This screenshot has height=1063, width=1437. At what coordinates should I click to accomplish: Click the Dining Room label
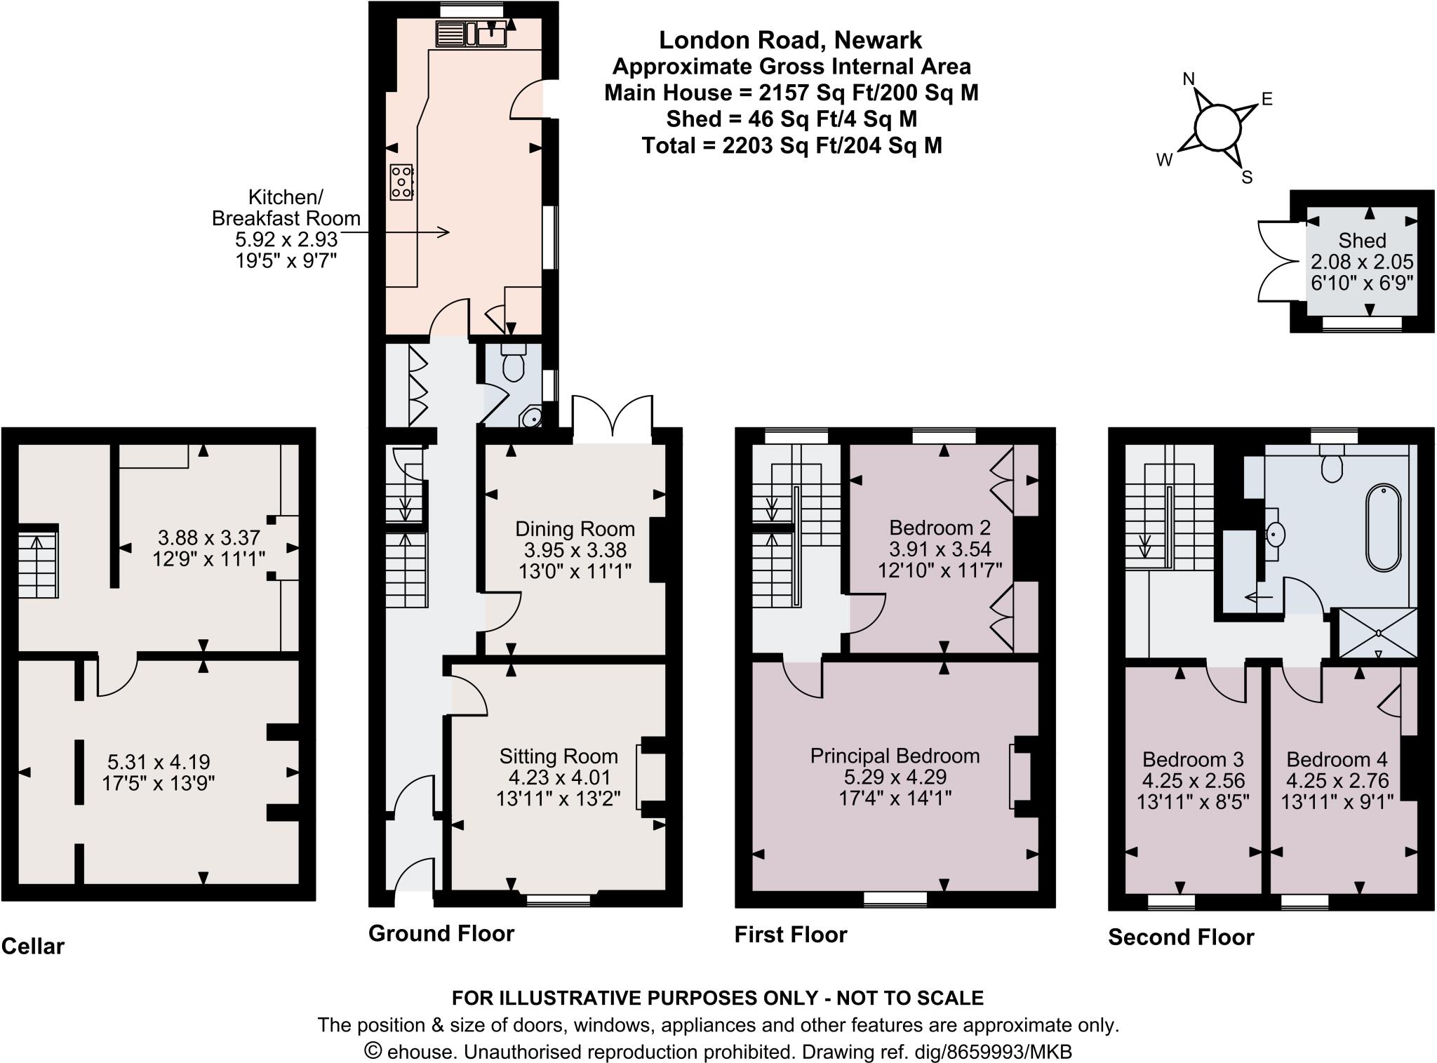coord(575,529)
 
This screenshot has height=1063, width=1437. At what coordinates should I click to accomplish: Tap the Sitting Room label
coord(559,756)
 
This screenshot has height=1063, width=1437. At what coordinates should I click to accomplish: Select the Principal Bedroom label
coord(895,756)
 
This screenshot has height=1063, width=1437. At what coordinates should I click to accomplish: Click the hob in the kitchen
coord(402,182)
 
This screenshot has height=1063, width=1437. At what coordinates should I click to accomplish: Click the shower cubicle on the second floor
coord(1378,633)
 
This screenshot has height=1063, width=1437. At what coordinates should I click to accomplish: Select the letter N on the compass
coord(1189,79)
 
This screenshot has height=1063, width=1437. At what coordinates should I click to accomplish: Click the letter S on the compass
coord(1247,178)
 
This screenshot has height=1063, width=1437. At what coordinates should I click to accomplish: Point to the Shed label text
coord(1362,241)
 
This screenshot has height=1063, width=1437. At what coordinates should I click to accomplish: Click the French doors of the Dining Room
coord(613,420)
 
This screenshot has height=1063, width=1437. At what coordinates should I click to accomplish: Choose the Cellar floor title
coord(33,947)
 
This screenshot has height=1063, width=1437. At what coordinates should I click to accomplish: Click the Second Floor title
coord(1181,937)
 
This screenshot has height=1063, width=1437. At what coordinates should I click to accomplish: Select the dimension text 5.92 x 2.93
coord(286,239)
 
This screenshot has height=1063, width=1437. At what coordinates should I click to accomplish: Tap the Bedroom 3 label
coord(1193,759)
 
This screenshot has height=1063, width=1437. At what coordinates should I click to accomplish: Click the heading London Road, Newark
coord(790,40)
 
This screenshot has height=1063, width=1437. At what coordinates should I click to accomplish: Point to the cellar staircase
coord(37,565)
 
